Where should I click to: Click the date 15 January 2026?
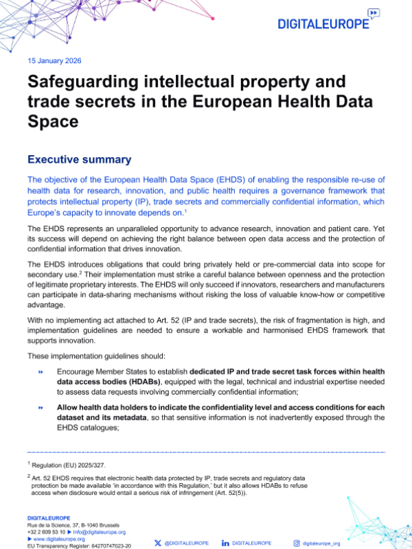(x=54, y=60)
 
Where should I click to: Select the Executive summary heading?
(x=79, y=159)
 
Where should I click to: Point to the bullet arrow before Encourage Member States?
(x=41, y=372)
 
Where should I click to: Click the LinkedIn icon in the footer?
(x=225, y=543)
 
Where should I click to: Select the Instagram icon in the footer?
(x=297, y=543)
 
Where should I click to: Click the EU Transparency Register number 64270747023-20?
(x=102, y=546)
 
